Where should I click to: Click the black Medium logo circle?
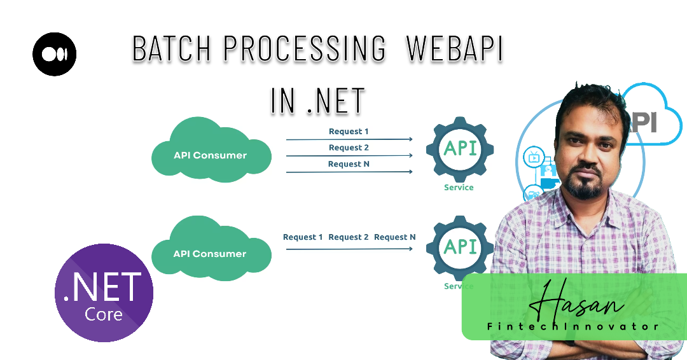[54, 54]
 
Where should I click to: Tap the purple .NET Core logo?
[104, 293]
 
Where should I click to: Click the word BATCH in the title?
[172, 48]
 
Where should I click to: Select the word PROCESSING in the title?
[305, 48]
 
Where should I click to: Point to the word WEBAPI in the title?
[454, 48]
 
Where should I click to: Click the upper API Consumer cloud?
[211, 149]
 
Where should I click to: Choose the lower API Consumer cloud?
[211, 248]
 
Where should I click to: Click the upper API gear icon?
[460, 149]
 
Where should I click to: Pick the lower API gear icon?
[460, 248]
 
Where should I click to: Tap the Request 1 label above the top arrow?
[349, 132]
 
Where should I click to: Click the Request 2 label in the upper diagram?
[349, 148]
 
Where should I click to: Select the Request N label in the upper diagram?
[349, 164]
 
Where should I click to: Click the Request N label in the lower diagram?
[395, 237]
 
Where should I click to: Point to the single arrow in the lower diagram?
[349, 249]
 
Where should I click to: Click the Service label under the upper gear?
[459, 188]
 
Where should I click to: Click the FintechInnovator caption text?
[573, 326]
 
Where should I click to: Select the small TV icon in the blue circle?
[534, 157]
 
